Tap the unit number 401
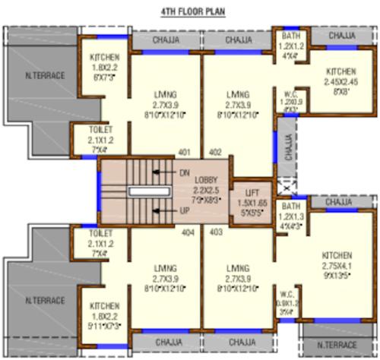click(x=183, y=152)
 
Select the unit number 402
click(x=215, y=152)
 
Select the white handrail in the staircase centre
click(x=141, y=192)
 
